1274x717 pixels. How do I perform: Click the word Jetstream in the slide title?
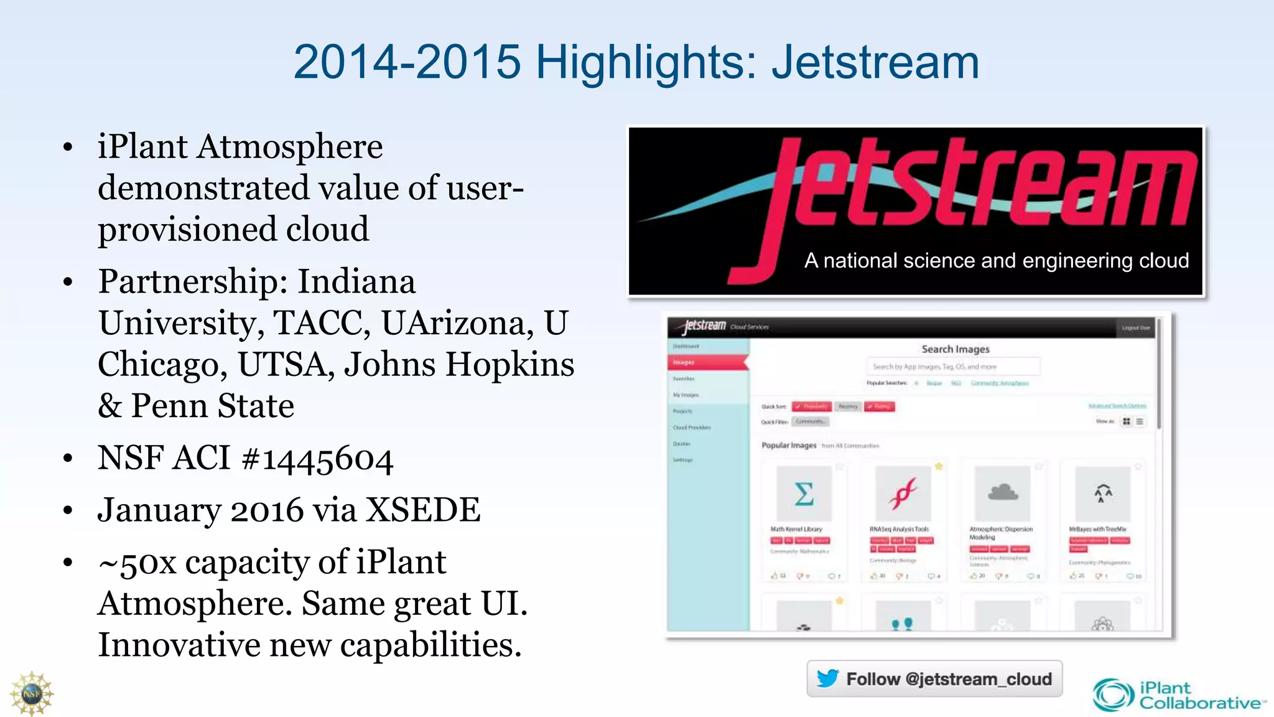click(875, 62)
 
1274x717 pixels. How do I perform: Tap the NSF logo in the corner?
click(31, 693)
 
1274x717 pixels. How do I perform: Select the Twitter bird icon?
click(827, 678)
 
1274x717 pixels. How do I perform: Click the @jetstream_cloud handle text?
click(979, 679)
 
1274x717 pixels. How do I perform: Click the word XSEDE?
click(422, 510)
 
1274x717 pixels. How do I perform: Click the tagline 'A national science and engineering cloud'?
click(996, 261)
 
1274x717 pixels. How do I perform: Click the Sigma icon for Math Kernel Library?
click(804, 494)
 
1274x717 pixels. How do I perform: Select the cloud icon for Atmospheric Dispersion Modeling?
click(1003, 494)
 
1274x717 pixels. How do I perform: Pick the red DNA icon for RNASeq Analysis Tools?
click(903, 494)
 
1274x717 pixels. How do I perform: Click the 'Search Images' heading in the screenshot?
click(955, 349)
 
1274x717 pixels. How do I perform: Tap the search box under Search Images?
click(953, 367)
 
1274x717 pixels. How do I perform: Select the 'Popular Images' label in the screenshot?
click(789, 446)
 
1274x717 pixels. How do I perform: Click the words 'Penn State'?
click(213, 406)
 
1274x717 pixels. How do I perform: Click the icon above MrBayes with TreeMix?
click(1102, 494)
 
